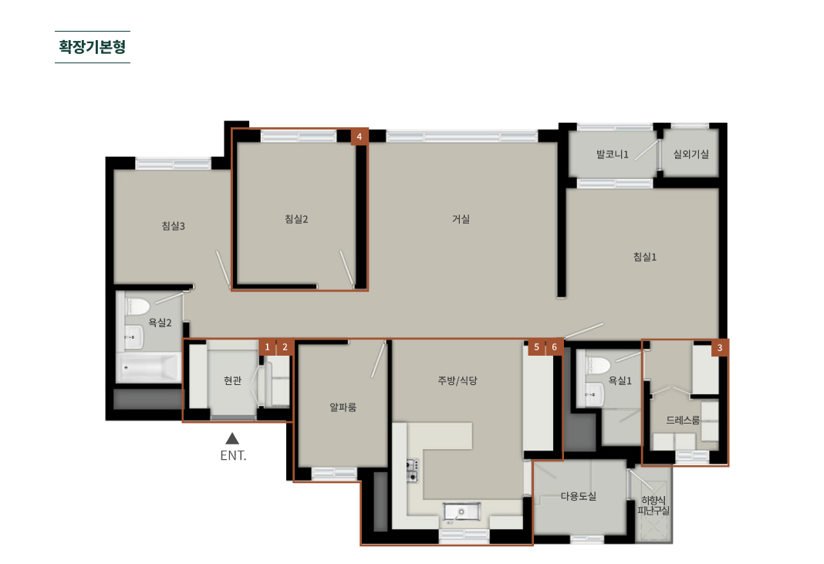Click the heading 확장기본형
(x=93, y=47)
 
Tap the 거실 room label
(x=461, y=218)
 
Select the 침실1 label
(x=645, y=256)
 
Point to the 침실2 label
(x=296, y=218)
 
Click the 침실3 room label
(x=174, y=225)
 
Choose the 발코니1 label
(x=613, y=154)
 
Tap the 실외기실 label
(x=691, y=154)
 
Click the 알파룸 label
(x=343, y=407)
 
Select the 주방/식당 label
(x=458, y=380)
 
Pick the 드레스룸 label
(x=683, y=420)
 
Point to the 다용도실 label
(x=579, y=495)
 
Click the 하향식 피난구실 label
(x=653, y=505)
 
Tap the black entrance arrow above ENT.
(x=232, y=438)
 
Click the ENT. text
(x=233, y=455)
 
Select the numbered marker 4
(x=360, y=137)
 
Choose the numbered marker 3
(x=720, y=347)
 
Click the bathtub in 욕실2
(x=149, y=367)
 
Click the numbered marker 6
(x=555, y=347)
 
